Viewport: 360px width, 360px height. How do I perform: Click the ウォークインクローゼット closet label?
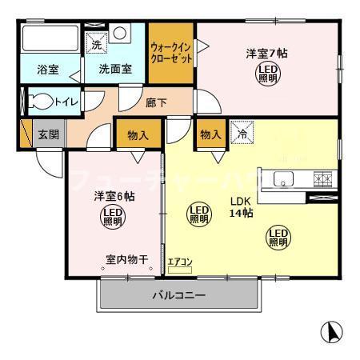click(x=171, y=54)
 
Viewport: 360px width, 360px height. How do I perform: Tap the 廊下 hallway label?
click(x=157, y=102)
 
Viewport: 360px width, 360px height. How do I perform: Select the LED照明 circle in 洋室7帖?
click(x=267, y=75)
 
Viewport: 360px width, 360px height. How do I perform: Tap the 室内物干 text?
click(x=126, y=259)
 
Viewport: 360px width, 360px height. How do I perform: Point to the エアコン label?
click(x=179, y=261)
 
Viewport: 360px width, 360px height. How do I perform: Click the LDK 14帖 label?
click(x=242, y=207)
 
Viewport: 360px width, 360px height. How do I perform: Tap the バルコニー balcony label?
click(x=179, y=296)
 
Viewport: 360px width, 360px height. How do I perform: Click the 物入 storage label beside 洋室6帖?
click(x=138, y=134)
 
